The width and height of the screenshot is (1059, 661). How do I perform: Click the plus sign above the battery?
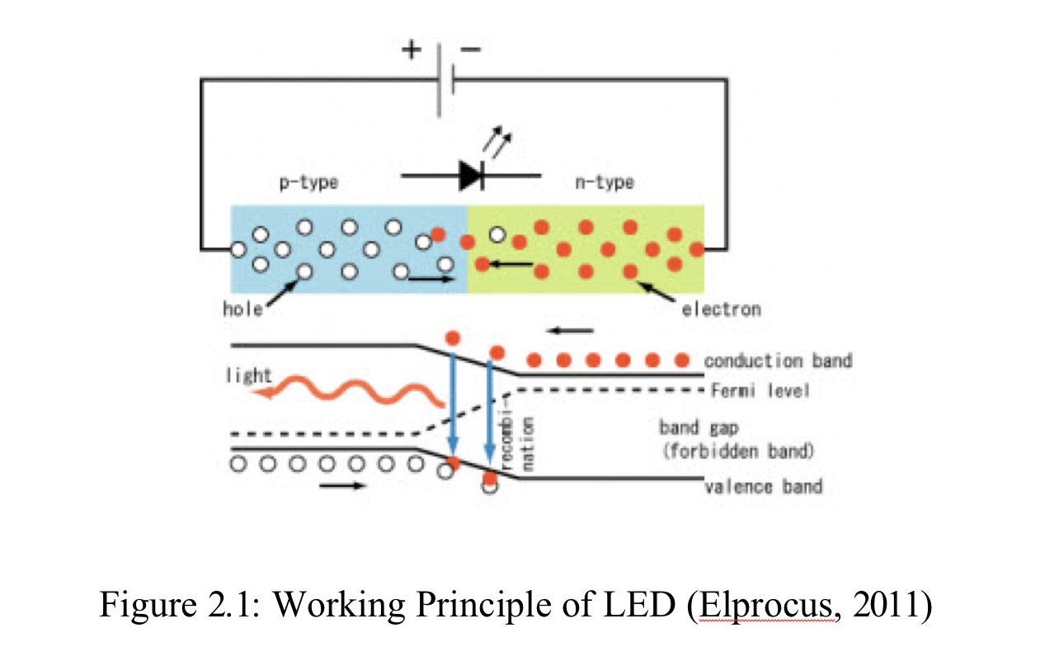click(x=410, y=50)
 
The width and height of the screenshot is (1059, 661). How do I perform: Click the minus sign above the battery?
click(x=471, y=50)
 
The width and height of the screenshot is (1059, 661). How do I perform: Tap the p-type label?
click(x=307, y=182)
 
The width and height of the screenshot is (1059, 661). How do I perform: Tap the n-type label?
click(x=605, y=182)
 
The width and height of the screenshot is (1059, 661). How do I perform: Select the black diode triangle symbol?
click(x=471, y=175)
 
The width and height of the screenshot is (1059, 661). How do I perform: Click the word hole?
click(x=242, y=309)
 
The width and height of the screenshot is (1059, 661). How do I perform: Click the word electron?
click(x=721, y=309)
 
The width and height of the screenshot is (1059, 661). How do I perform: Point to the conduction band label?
click(x=778, y=361)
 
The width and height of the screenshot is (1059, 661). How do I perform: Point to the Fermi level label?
click(x=760, y=390)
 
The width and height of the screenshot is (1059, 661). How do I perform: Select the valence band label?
click(x=763, y=485)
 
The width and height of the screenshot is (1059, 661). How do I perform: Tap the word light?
click(x=248, y=375)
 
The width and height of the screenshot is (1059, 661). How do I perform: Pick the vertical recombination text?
click(x=519, y=446)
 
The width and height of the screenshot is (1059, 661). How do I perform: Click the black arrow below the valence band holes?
click(x=341, y=485)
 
